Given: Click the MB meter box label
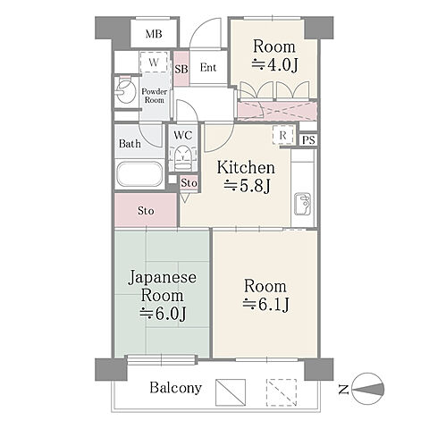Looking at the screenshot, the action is [154, 34].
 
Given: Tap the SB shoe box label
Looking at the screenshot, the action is [181, 69].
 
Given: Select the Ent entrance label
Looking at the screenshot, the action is [208, 68].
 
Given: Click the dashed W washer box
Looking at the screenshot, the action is [154, 63].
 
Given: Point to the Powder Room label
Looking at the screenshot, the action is [154, 96].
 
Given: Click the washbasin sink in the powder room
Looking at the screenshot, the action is [126, 91].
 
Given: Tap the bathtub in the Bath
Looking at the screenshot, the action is [139, 174].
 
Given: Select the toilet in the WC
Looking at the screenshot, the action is [182, 157].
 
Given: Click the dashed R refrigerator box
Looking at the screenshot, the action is [283, 135].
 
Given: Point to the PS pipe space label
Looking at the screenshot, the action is [308, 140].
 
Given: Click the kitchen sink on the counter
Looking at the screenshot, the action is [303, 204].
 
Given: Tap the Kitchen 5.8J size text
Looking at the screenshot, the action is [247, 187].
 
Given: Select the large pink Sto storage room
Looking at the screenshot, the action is [146, 210].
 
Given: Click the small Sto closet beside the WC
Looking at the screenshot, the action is [189, 183].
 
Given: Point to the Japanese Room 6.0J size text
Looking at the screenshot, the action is [164, 314].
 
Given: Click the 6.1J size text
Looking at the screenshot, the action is [265, 304].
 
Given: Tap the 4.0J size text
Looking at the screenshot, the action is [274, 65].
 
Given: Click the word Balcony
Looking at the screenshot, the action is [176, 388].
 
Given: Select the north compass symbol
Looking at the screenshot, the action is [367, 389].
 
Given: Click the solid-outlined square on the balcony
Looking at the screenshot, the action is [231, 392].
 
